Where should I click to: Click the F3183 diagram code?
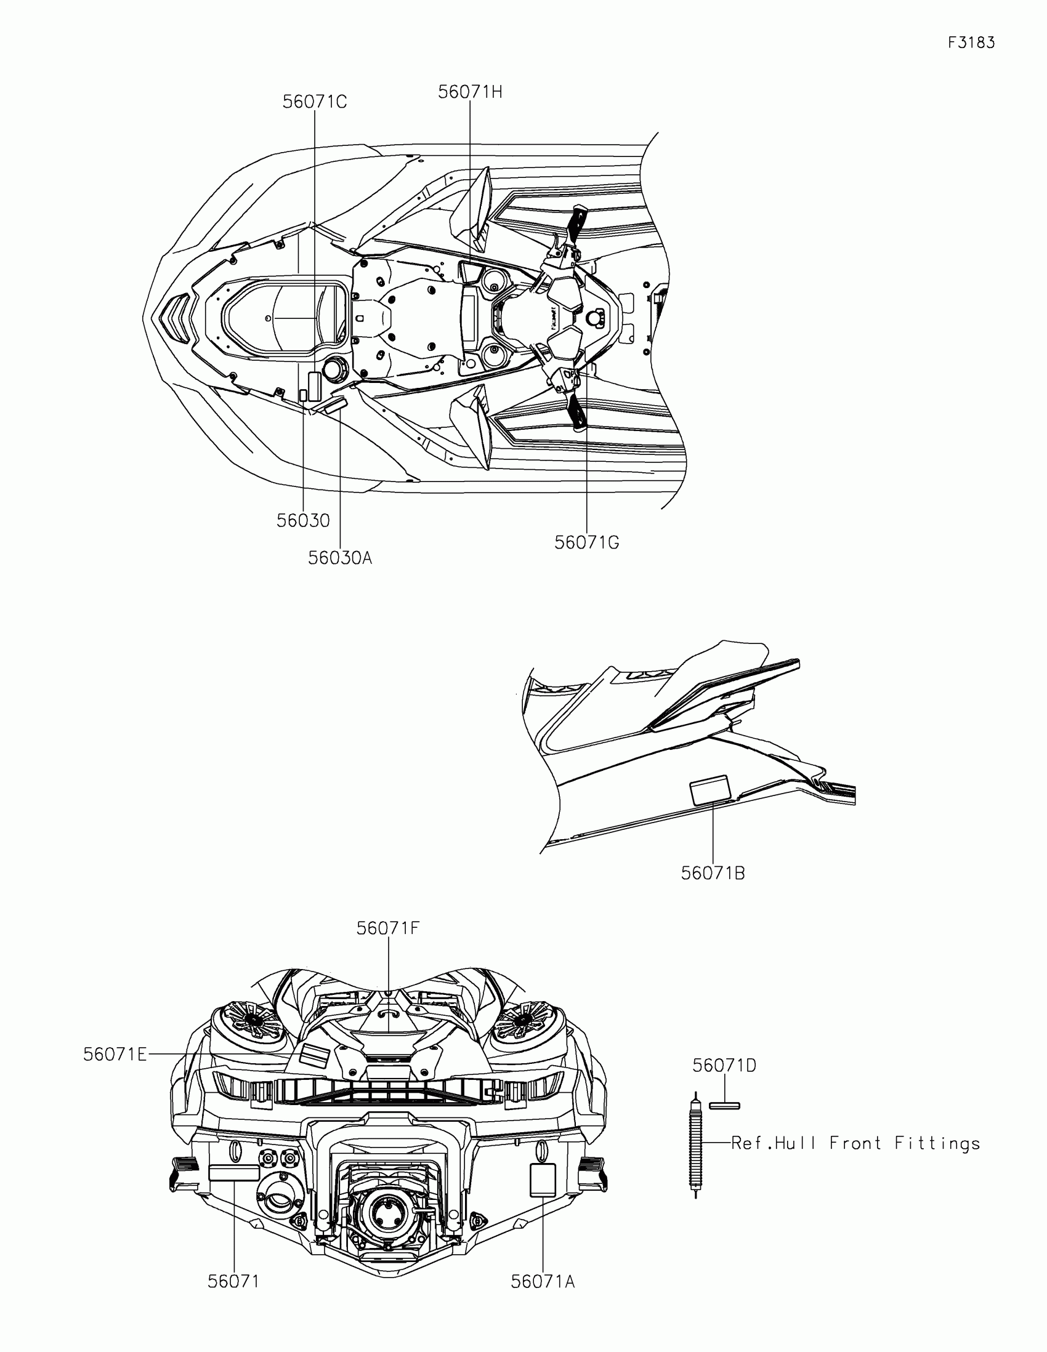point(971,42)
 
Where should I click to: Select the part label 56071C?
point(315,102)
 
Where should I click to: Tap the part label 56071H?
point(470,92)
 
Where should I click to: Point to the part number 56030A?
point(340,558)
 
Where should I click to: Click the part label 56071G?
point(586,543)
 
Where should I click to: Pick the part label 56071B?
point(713,874)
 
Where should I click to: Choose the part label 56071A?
point(543,1282)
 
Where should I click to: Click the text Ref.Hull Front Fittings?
point(855,1143)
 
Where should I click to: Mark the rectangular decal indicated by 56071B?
point(710,791)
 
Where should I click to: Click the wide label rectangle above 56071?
point(234,1172)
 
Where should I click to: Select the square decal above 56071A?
point(543,1179)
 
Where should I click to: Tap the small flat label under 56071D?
point(724,1106)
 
